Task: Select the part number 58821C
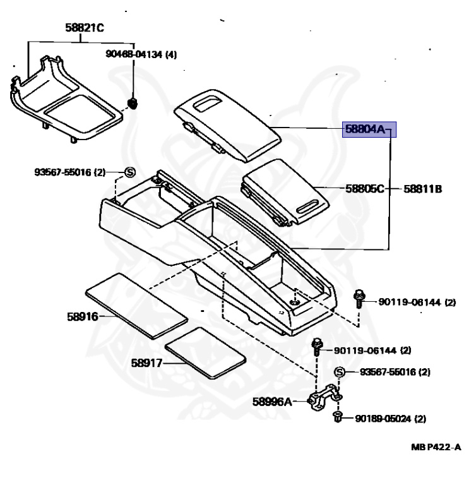(x=84, y=28)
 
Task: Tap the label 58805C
(x=364, y=188)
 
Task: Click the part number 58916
(x=82, y=316)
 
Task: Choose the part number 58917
(x=147, y=363)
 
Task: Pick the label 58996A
(x=272, y=400)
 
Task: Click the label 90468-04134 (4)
(x=141, y=55)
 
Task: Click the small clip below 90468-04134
(x=133, y=102)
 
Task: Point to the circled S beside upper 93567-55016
(x=129, y=171)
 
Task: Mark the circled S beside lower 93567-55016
(x=338, y=372)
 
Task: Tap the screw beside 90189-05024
(x=338, y=416)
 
